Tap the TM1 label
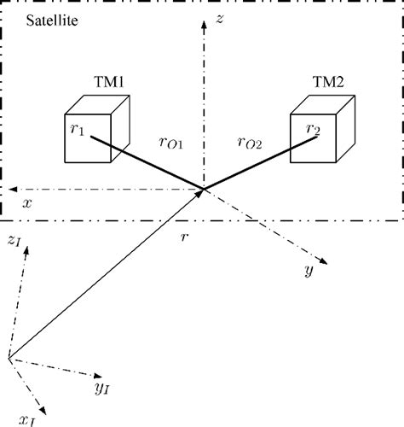109,82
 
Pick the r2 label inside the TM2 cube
314,130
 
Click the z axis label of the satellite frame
219,18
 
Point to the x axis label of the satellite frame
27,205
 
